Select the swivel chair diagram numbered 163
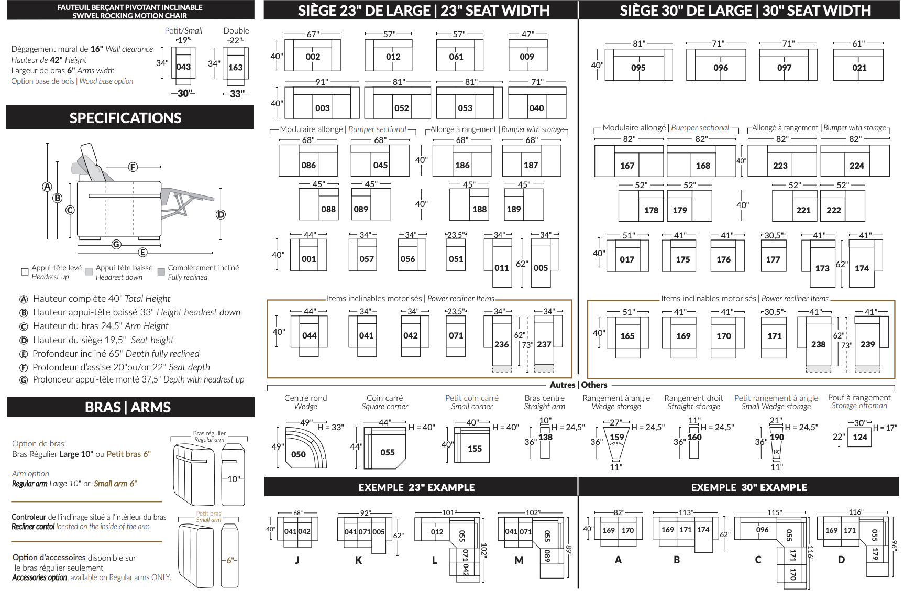pos(235,67)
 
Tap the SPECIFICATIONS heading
pos(126,118)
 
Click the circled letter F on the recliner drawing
pos(133,167)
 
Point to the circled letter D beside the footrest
pos(221,214)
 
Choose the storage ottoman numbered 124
pos(859,437)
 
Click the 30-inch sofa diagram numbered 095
pos(638,68)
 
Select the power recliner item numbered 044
pos(310,335)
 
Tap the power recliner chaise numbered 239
pos(867,344)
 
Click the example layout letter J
pos(297,560)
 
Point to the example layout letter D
pos(841,560)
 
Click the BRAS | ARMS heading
pos(128,407)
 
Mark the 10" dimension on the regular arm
pos(233,479)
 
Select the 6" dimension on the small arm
pos(230,560)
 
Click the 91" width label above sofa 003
pos(322,82)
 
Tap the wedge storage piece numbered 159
pos(616,437)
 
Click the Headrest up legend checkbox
pos(25,271)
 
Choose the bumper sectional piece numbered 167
pos(627,166)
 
